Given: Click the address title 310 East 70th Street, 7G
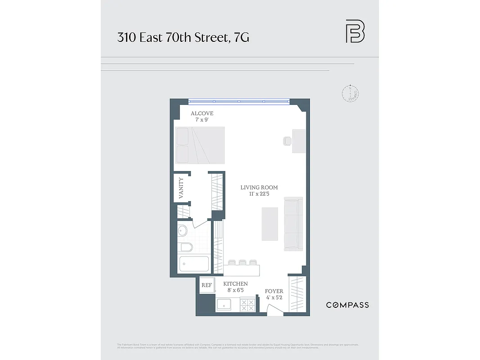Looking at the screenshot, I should (x=183, y=37).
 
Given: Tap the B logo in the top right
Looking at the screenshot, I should (x=355, y=31).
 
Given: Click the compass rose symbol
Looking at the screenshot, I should (x=349, y=94).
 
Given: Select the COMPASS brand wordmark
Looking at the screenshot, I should (x=347, y=305).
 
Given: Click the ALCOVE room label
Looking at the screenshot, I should (x=202, y=113).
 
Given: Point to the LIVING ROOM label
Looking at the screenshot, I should (x=259, y=188).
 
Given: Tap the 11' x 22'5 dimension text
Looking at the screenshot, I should (x=259, y=194).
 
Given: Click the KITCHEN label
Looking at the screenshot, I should (x=235, y=284).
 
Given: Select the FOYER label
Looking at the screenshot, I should (x=274, y=292).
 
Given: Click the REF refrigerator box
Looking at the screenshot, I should (x=206, y=285).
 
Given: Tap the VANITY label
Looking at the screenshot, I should (x=181, y=188).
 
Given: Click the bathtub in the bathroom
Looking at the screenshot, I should (x=194, y=264).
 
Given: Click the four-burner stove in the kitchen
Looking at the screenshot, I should (x=247, y=305).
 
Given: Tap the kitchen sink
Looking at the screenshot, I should (x=224, y=305).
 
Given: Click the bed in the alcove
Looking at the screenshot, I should (x=200, y=145).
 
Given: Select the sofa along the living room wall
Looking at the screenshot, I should (x=293, y=224).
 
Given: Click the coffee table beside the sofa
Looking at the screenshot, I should (x=270, y=224).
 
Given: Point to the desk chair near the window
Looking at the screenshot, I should (x=288, y=141).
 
